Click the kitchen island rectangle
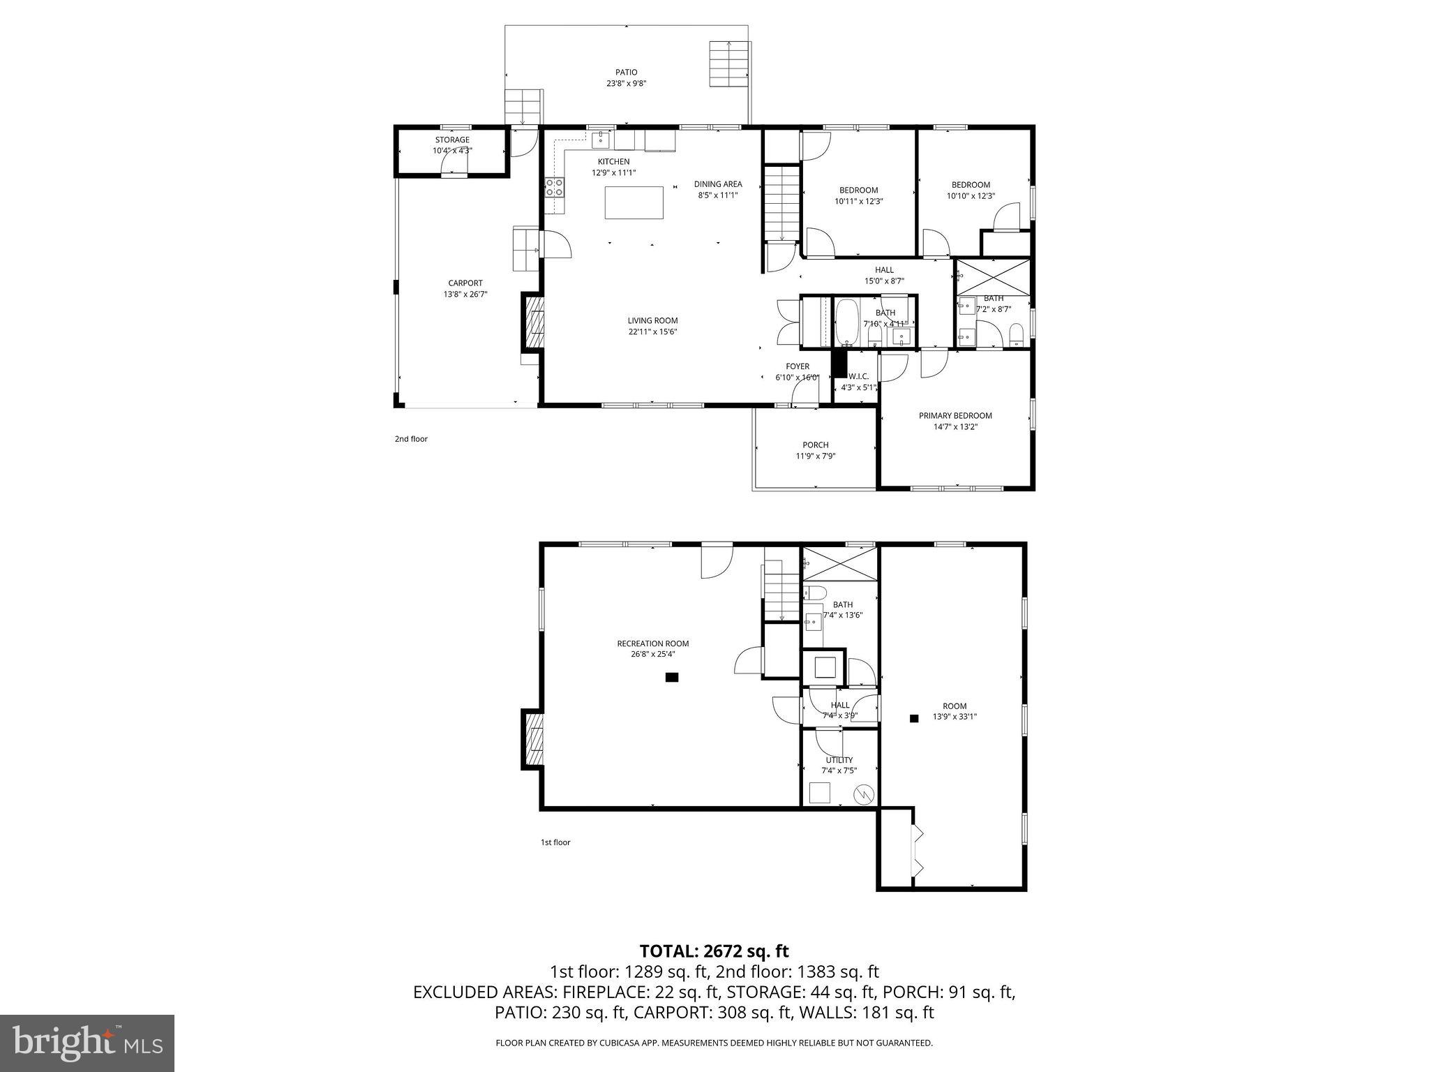[634, 202]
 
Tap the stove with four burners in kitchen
[555, 187]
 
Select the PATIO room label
[626, 73]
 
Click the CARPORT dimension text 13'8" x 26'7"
[465, 295]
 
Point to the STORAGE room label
[452, 140]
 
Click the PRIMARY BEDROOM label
[955, 416]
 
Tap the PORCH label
[816, 445]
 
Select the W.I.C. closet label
[858, 376]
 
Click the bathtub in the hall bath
[847, 322]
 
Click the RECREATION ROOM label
[652, 643]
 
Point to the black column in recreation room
[672, 677]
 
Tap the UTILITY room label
[839, 760]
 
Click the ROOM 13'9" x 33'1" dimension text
[955, 717]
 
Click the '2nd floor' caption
[411, 439]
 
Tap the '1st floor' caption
[555, 842]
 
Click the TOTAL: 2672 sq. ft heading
[714, 951]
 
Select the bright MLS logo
[87, 1043]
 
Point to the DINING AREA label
[717, 184]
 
